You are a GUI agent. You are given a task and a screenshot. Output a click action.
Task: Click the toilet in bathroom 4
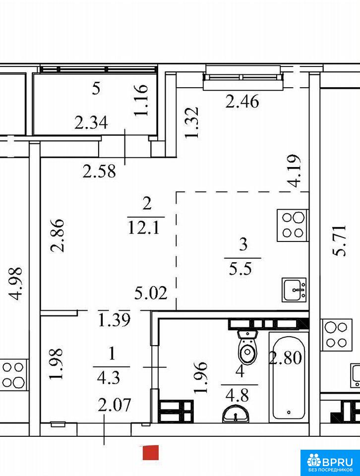pos(248,347)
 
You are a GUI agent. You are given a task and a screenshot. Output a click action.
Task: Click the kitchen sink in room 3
pos(294,290)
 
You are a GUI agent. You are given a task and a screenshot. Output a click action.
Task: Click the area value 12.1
pos(144,228)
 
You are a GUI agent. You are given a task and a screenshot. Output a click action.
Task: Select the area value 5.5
pos(240,268)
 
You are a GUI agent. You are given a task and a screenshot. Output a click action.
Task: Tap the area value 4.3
pos(109,378)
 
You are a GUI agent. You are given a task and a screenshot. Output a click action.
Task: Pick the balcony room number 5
pos(96,89)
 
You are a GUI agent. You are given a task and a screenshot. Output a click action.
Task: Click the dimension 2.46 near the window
pos(242,101)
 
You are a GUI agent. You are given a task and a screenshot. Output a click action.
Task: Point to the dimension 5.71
pos(339,241)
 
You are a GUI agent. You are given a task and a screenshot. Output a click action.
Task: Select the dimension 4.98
pos(15,284)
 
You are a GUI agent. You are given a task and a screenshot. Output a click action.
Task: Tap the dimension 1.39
pos(115,320)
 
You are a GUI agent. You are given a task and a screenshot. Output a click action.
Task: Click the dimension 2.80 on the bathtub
pos(286,357)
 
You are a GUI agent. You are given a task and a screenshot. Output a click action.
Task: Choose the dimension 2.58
pos(99,172)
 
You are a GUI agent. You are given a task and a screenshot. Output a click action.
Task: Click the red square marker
pos(151,453)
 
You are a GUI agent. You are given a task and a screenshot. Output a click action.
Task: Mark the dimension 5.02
pos(151,293)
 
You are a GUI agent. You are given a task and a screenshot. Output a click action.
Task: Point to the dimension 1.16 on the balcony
pos(141,100)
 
